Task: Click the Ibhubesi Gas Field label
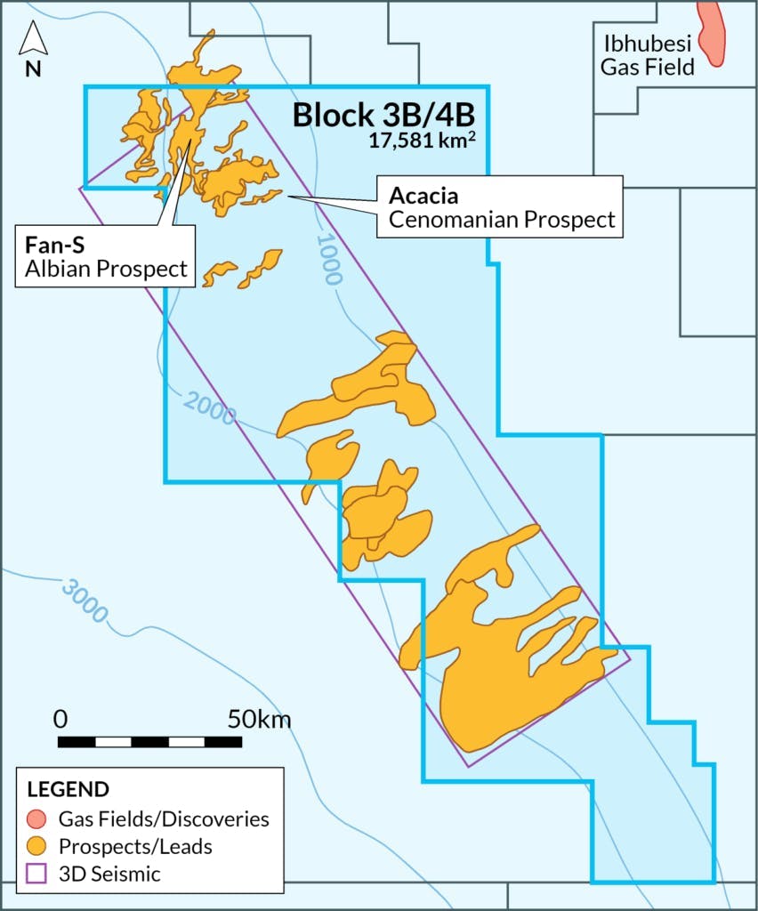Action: click(647, 54)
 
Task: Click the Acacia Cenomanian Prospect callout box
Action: click(497, 206)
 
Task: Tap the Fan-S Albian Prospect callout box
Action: click(104, 255)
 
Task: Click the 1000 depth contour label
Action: click(328, 259)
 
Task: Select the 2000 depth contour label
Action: click(211, 407)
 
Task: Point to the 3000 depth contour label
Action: click(85, 600)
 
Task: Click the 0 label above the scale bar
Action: click(60, 719)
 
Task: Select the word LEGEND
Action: click(69, 789)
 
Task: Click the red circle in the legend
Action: click(36, 818)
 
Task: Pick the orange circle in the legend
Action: click(36, 846)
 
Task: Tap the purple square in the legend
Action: click(36, 875)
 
